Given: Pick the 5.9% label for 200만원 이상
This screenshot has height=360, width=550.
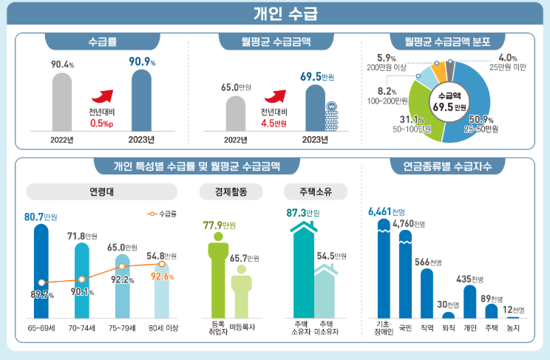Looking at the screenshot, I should pos(388,57).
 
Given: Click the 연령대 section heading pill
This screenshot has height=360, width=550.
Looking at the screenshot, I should pos(101,192).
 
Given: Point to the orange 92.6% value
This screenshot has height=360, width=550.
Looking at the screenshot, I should pos(162,276).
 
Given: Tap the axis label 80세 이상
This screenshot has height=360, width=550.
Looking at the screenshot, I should pos(162,326).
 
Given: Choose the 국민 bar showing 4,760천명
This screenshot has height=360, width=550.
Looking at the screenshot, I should pos(405,274).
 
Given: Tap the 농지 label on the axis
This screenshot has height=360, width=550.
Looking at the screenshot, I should pos(513,326).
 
